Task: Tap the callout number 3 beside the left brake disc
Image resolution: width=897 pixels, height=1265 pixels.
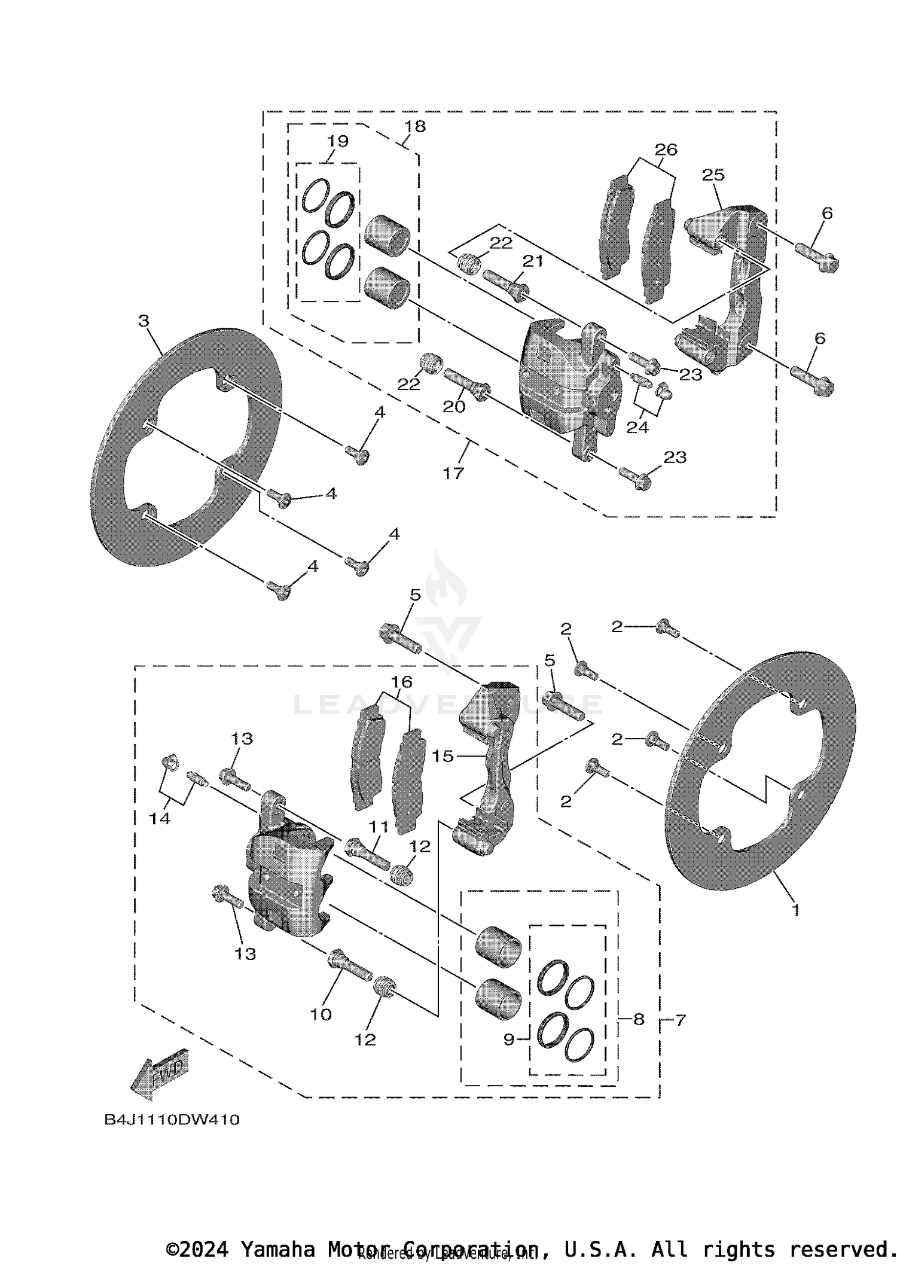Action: point(144,321)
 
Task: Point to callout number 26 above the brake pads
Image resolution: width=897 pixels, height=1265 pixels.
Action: point(666,150)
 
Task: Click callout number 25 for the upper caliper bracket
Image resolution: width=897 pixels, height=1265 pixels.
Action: point(713,175)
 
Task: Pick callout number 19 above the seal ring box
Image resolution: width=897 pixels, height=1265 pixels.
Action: point(338,141)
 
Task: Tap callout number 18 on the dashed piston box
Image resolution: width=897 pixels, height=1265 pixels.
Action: point(414,126)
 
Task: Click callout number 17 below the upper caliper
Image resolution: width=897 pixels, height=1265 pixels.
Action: point(453,473)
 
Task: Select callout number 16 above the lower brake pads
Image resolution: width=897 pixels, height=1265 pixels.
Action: point(402,682)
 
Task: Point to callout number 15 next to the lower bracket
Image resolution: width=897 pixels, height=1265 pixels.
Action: point(443,756)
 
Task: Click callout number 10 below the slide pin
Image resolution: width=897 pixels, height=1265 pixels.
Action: point(321,1014)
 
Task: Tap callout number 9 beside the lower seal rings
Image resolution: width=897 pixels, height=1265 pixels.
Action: point(509,1040)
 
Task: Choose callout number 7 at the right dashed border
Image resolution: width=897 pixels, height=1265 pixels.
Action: point(680,1020)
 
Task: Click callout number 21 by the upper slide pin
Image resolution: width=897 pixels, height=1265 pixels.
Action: point(532,261)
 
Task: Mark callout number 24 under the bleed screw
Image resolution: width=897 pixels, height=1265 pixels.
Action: point(637,428)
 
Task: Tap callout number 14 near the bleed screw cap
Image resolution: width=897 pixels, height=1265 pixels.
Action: point(160,818)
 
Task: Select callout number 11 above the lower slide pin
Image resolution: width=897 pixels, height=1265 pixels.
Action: point(379,827)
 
